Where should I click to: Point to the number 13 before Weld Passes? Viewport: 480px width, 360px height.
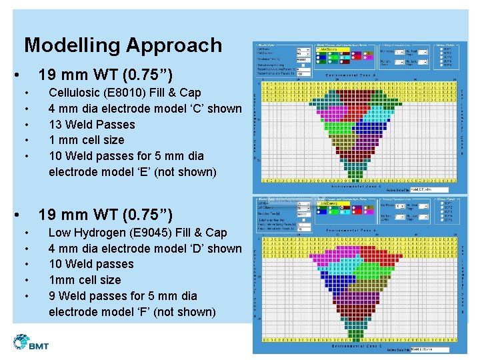pos(56,125)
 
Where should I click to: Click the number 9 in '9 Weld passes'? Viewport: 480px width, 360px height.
pos(53,296)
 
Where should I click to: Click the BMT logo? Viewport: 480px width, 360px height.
pos(31,343)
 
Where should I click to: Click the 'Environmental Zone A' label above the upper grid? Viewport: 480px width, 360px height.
pos(351,75)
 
